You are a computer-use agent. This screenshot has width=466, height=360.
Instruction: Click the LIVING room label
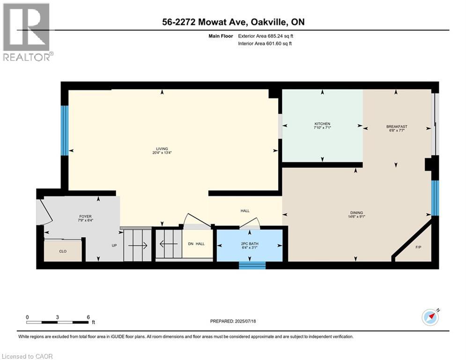[162, 149]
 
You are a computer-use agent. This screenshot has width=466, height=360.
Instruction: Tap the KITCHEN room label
[322, 124]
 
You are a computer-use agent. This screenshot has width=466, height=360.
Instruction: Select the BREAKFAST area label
[396, 127]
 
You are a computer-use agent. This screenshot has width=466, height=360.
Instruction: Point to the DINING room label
[356, 212]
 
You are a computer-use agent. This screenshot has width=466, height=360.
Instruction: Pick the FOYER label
[85, 217]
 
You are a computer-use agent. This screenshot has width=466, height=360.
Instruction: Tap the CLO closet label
[63, 251]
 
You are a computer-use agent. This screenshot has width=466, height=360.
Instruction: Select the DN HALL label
[196, 243]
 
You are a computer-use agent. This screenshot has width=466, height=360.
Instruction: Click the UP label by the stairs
[113, 245]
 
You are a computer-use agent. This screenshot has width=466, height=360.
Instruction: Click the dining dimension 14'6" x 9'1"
[356, 217]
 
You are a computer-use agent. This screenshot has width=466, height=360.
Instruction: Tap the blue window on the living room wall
[65, 130]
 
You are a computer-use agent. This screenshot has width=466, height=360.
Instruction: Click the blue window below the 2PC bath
[252, 265]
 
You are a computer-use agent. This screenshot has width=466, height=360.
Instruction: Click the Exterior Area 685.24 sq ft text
[266, 36]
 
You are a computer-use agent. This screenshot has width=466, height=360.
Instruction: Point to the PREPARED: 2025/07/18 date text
[233, 321]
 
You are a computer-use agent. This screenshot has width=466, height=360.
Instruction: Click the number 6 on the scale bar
[88, 317]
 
